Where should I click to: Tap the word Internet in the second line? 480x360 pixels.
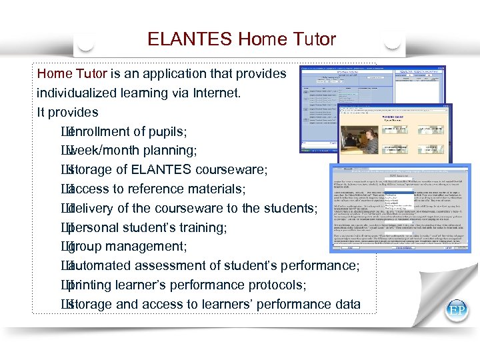click(211, 93)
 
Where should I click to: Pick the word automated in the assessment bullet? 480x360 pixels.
click(100, 266)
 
